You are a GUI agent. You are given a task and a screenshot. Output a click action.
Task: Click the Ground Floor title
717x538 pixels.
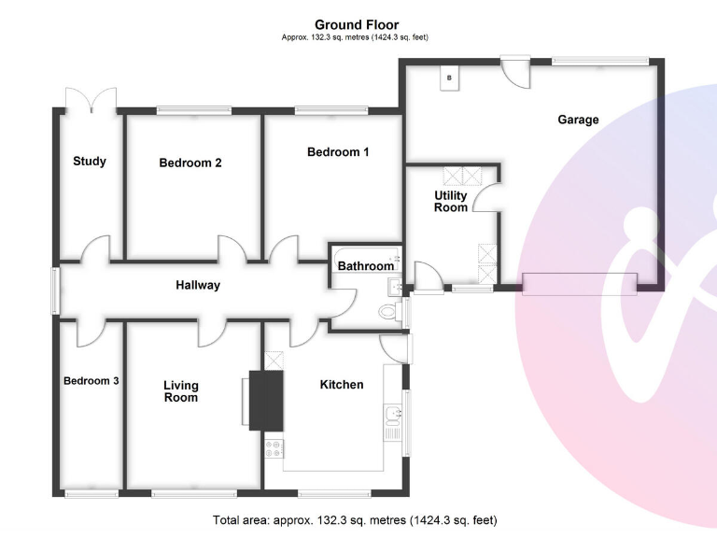[x=357, y=25]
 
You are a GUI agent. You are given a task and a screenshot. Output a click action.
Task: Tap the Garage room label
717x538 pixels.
[x=578, y=120]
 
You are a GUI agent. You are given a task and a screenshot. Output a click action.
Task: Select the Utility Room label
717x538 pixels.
[x=450, y=202]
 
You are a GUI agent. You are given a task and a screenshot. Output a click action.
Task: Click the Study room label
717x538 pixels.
[x=90, y=162]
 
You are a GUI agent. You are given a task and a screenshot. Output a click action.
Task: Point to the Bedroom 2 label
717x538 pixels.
[x=190, y=163]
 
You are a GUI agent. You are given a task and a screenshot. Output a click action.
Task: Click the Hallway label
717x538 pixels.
[x=198, y=285]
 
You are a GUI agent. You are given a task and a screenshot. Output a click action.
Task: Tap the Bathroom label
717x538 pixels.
[x=365, y=266]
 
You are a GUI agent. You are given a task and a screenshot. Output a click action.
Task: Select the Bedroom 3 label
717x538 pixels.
[x=91, y=381]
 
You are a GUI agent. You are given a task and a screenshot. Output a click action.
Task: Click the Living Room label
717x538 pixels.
[x=181, y=391]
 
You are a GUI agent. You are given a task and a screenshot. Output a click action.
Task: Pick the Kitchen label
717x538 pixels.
[x=342, y=385]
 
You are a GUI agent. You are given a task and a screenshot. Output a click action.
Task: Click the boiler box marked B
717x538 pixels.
[x=449, y=78]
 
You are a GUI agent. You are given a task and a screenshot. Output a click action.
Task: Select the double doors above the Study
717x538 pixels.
[x=91, y=98]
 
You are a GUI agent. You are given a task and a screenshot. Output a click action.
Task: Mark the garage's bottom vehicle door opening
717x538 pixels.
[x=580, y=283]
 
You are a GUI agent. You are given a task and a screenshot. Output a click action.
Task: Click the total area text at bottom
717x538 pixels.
[x=356, y=519]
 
